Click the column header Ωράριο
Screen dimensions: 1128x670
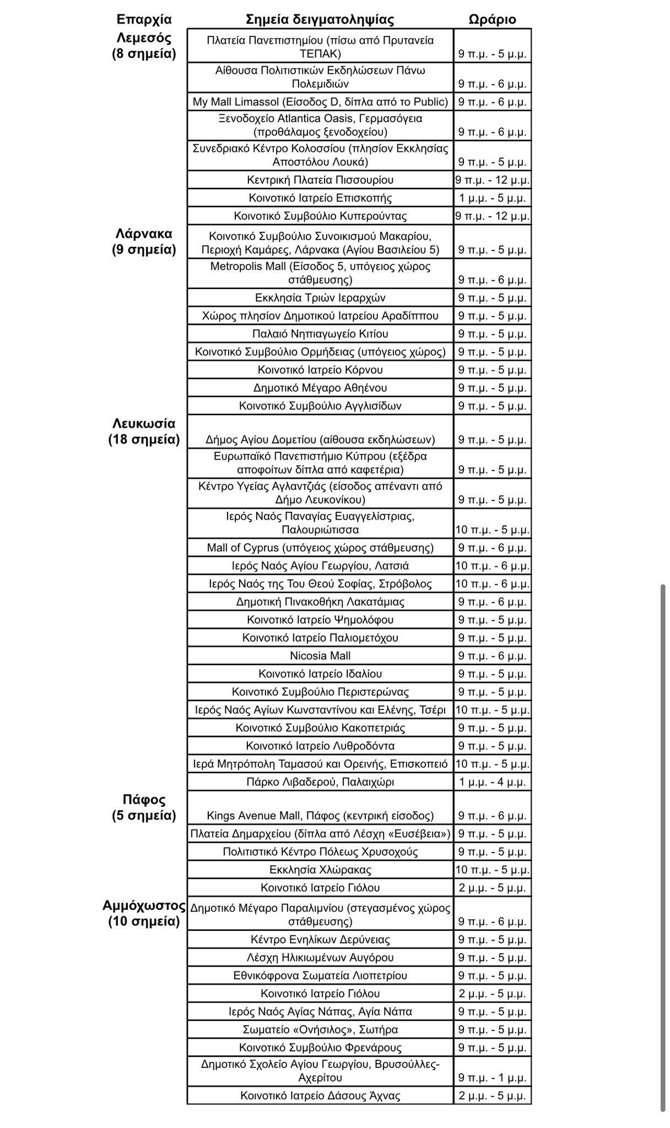(x=492, y=20)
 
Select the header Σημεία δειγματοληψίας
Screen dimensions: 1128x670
(x=320, y=20)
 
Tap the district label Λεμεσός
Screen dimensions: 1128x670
(x=144, y=38)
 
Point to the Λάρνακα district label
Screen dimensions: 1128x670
(x=144, y=234)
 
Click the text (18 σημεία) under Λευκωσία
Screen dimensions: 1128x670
(x=144, y=440)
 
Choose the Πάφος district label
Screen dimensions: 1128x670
(x=144, y=800)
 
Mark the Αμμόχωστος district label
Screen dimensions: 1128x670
(x=144, y=906)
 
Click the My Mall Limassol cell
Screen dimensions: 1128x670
(x=320, y=102)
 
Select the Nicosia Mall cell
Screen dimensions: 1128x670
(x=320, y=656)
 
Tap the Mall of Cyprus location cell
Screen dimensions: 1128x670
(x=320, y=548)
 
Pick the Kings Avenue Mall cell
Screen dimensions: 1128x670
(x=320, y=816)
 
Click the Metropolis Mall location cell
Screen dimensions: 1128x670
(x=320, y=273)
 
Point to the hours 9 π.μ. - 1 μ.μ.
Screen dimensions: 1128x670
(x=493, y=1077)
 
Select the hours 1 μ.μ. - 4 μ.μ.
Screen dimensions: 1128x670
(x=493, y=782)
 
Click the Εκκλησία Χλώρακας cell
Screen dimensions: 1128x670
(x=320, y=870)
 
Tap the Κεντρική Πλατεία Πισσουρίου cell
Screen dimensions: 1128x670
(x=320, y=180)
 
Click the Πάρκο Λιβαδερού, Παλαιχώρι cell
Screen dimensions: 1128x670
(x=320, y=782)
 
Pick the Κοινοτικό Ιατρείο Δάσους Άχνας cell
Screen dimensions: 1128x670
(x=320, y=1096)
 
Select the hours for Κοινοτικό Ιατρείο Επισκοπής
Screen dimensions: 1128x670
(x=493, y=198)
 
